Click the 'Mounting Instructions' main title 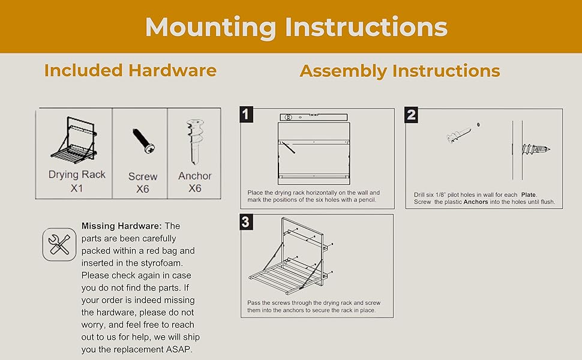[296, 27]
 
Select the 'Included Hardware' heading [130, 70]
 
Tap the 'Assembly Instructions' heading [400, 71]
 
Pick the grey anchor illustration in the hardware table [194, 140]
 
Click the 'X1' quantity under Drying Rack [77, 188]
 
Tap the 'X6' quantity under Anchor [194, 188]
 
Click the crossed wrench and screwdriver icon [59, 244]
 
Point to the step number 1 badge [246, 115]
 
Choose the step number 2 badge [411, 115]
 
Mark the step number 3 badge [245, 222]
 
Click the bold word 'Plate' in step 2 [529, 194]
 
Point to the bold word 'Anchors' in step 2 [476, 202]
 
